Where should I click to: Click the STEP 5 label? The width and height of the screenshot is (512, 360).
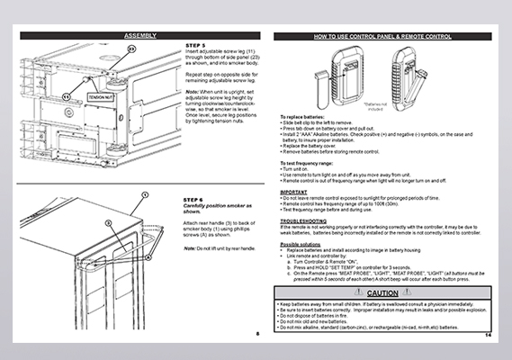195,44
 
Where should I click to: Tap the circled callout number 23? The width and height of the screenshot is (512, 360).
131,47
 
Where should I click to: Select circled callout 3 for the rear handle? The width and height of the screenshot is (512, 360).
106,220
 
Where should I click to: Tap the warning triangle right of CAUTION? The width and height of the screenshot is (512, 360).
409,269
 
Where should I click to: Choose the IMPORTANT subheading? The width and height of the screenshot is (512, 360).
295,166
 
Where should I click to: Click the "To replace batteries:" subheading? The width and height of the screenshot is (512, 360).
303,118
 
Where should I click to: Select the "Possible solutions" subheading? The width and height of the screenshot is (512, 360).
301,219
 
